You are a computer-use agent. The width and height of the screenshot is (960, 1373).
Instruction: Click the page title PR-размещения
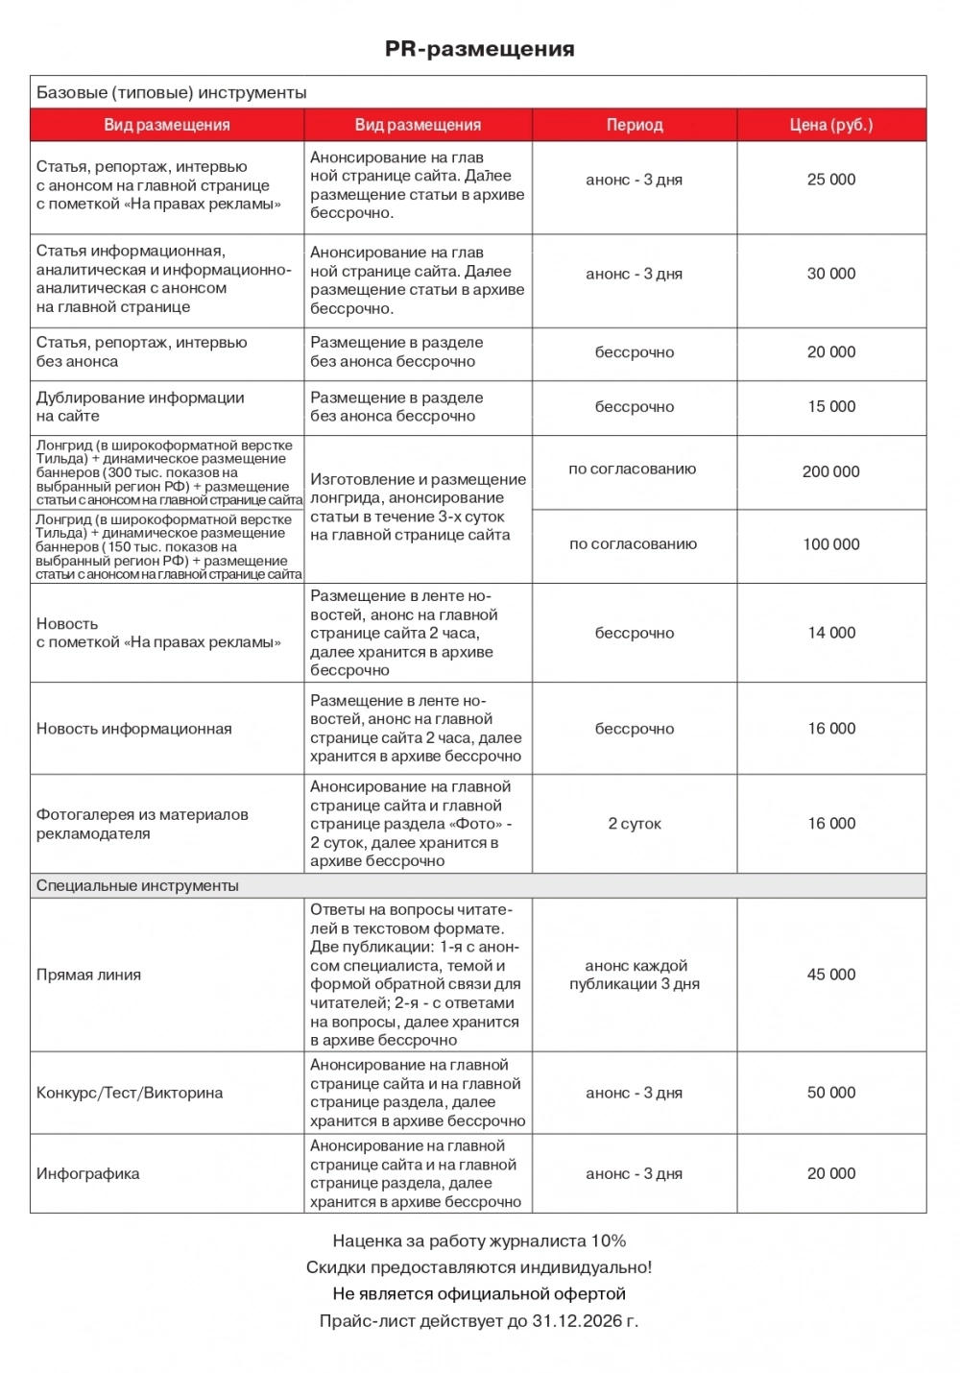pos(479,49)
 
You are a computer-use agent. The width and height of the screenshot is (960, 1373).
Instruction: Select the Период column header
pos(635,125)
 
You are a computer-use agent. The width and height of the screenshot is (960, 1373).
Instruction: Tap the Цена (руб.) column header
pos(831,125)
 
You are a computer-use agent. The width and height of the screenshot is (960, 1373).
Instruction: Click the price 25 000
pos(831,180)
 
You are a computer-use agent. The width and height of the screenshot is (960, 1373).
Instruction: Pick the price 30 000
pos(831,274)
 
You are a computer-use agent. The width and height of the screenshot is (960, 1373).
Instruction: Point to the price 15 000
pos(831,407)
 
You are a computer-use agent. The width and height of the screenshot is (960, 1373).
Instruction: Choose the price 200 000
pos(831,471)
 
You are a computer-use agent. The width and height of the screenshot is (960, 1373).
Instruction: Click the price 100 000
pos(831,544)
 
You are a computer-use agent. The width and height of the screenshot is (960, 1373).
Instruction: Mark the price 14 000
pos(831,633)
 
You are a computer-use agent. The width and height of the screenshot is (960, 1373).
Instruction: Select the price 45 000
pos(831,975)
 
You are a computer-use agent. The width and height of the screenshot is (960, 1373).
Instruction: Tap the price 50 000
pos(831,1093)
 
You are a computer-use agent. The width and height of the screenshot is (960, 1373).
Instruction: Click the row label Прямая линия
pos(88,975)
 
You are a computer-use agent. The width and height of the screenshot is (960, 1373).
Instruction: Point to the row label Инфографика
pos(87,1173)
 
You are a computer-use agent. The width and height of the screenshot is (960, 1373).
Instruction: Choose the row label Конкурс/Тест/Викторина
pos(130,1093)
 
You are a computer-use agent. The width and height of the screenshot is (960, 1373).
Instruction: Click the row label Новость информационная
pos(134,729)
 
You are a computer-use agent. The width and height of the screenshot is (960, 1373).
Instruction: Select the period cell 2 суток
pos(635,824)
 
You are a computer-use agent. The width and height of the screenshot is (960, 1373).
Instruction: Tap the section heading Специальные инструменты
pos(137,885)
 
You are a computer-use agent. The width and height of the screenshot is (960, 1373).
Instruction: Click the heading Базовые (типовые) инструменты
pos(172,93)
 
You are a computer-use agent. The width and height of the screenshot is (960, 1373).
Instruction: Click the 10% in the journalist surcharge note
pos(609,1241)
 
